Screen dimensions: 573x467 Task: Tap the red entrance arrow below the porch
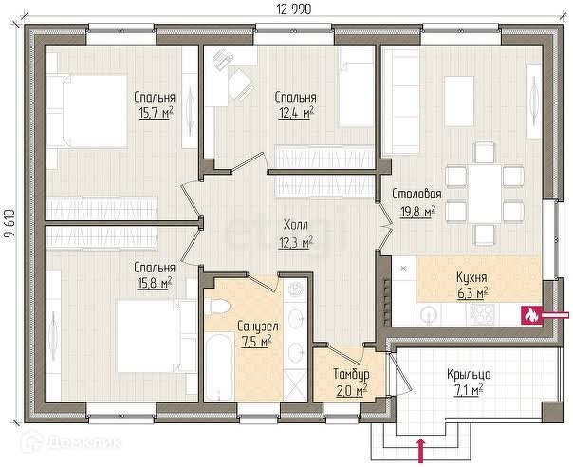coord(422,450)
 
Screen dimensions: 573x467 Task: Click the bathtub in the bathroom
coord(218,366)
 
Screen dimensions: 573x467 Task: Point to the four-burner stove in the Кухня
coord(482,314)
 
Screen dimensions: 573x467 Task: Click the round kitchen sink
coord(429,314)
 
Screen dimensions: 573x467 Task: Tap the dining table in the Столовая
coord(485,194)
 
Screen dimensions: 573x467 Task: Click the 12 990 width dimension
coord(294,9)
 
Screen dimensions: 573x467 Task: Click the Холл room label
coord(296,225)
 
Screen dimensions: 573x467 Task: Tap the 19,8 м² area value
coord(418,212)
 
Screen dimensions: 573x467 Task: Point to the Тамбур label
coord(351,374)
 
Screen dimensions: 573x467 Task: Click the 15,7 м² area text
coord(156,113)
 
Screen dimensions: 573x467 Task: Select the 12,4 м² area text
coord(296,113)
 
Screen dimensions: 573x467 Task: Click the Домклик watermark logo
coord(72,443)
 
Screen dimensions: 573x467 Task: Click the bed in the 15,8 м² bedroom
coord(157,336)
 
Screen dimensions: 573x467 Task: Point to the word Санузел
coord(258,326)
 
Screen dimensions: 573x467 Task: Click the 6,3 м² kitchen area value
coord(472,293)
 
